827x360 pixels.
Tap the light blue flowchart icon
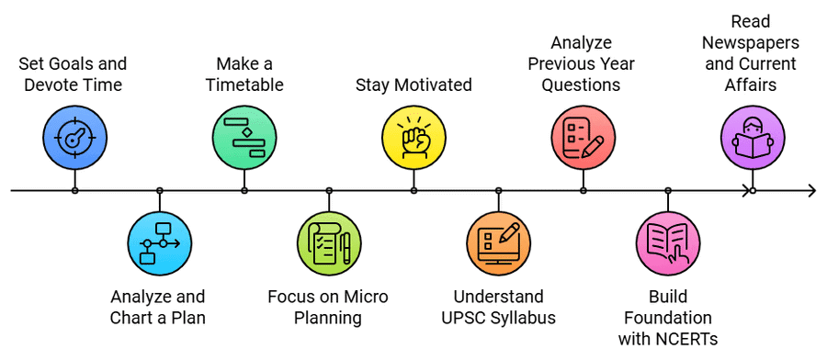tap(159, 242)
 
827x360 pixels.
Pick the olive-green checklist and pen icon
tap(329, 242)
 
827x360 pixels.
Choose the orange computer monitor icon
tap(498, 242)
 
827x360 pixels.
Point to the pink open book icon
tap(668, 242)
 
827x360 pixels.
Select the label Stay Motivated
tap(413, 85)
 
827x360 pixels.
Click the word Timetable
tap(244, 85)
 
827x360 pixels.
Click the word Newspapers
tap(753, 43)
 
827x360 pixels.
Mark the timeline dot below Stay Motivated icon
tap(413, 191)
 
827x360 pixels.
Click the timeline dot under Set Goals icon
tap(74, 191)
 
